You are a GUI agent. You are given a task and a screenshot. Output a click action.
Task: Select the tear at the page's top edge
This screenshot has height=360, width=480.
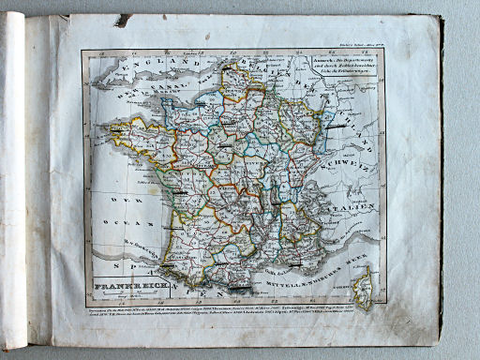(x=123, y=20)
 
